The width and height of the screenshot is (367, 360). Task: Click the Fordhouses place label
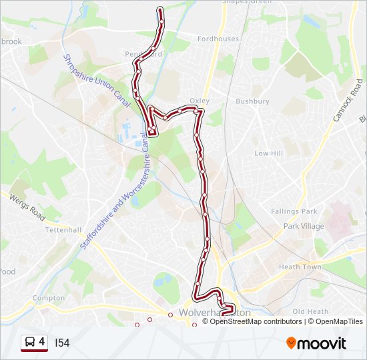pos(218,39)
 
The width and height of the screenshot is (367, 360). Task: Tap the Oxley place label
pos(200,101)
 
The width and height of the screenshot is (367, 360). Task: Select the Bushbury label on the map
pos(252,102)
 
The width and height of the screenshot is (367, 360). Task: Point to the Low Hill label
pos(269,153)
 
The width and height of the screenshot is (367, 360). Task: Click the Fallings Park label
pos(294,211)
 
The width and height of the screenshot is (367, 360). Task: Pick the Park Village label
pos(304,227)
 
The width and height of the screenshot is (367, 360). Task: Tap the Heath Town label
pos(300,267)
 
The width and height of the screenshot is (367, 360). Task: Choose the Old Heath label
pos(310,311)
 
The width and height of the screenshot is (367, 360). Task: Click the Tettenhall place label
pos(63,230)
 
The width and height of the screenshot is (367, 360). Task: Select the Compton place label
pos(48,298)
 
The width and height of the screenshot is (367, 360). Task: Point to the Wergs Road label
pos(27,207)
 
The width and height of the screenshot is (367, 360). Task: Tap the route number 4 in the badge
pos(42,342)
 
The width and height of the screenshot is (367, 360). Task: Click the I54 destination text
pos(62,343)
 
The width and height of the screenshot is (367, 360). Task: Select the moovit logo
pos(316,343)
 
